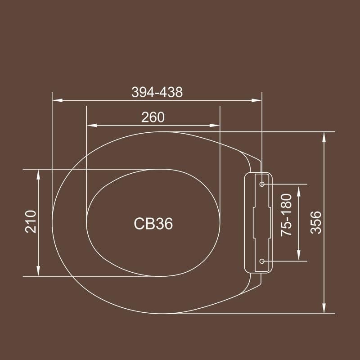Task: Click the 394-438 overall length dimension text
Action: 157,92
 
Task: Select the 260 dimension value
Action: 153,117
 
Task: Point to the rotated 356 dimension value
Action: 317,222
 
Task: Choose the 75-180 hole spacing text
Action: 287,215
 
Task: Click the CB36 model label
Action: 153,224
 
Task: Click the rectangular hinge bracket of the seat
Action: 257,222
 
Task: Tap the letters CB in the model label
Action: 144,224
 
